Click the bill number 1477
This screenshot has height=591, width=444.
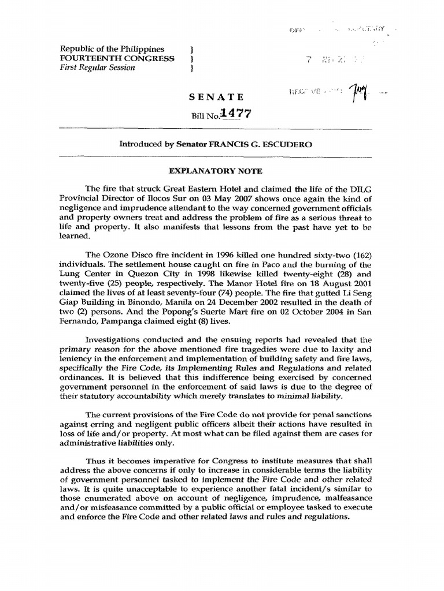point(236,114)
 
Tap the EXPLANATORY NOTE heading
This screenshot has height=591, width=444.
point(215,171)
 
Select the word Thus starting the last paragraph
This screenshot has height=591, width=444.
point(95,461)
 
